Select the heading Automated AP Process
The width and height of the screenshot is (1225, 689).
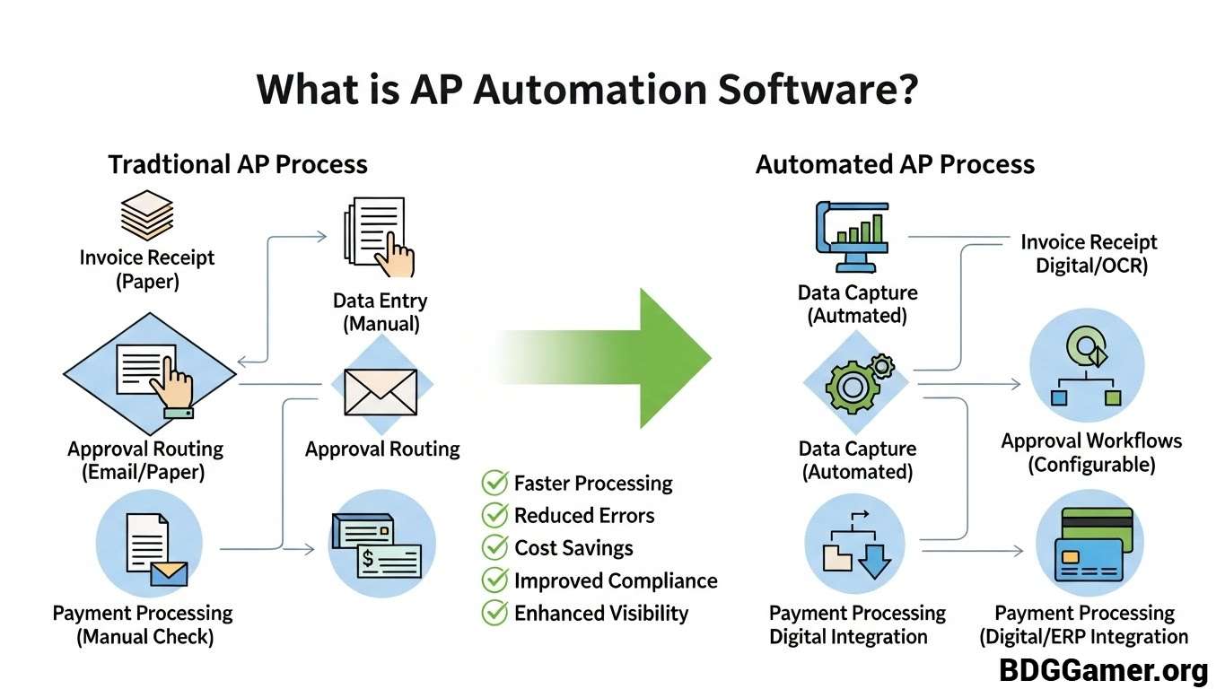pyautogui.click(x=895, y=164)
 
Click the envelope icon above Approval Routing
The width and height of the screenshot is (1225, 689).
pyautogui.click(x=381, y=392)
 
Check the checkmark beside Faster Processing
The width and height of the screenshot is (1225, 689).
pyautogui.click(x=494, y=483)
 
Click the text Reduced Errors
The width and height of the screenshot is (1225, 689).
pyautogui.click(x=584, y=516)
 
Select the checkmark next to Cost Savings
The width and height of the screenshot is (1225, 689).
pyautogui.click(x=494, y=547)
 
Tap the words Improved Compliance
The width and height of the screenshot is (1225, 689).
pyautogui.click(x=616, y=580)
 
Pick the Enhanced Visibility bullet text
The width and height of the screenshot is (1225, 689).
pyautogui.click(x=601, y=614)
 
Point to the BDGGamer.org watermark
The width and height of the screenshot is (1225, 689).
pyautogui.click(x=1104, y=669)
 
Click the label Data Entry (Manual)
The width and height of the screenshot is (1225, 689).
pyautogui.click(x=381, y=312)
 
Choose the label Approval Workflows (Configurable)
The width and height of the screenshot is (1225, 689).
pyautogui.click(x=1091, y=452)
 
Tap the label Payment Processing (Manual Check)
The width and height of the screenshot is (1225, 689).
pyautogui.click(x=143, y=625)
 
